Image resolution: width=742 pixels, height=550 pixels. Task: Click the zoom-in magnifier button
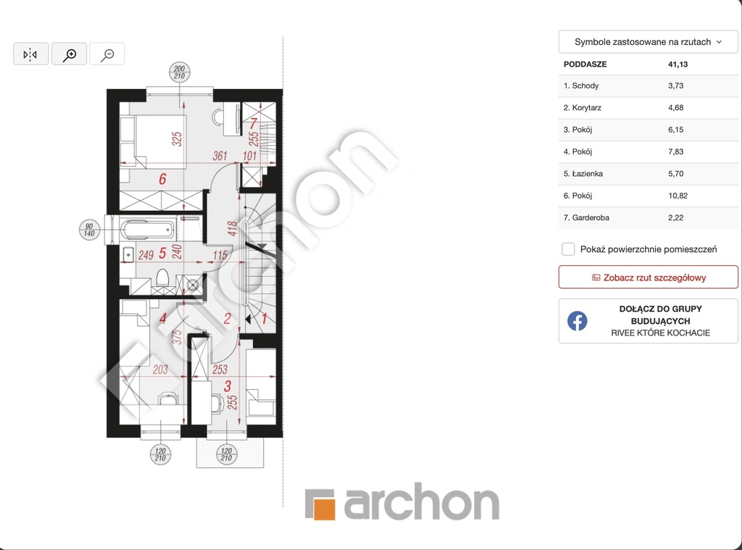69,54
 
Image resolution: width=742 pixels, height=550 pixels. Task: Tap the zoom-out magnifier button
107,54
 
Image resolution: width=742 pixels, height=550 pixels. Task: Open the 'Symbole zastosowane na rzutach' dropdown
648,41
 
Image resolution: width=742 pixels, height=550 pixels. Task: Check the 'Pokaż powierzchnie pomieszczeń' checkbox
568,249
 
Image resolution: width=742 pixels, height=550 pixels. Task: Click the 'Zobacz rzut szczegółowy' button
649,278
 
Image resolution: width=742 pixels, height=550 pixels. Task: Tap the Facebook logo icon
578,321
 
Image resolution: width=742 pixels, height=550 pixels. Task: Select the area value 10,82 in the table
678,196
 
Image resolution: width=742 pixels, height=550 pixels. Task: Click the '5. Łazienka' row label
583,174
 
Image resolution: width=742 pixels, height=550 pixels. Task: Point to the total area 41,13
678,64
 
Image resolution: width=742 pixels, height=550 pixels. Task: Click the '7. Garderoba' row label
586,217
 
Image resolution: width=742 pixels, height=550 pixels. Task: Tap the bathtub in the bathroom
148,230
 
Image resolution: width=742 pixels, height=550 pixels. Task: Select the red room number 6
162,179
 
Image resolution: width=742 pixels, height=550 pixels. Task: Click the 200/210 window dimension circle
180,72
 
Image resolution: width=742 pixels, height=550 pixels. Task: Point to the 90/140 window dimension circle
89,230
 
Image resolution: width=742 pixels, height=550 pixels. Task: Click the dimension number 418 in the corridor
232,228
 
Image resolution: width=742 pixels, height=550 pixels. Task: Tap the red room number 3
227,386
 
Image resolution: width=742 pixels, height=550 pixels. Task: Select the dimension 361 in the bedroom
220,156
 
